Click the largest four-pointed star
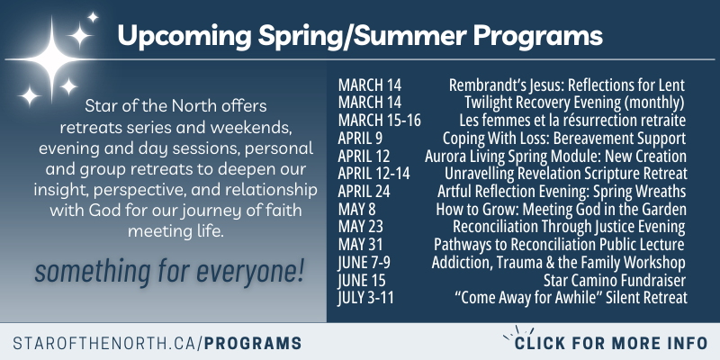(x=51, y=59)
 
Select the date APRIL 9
(x=360, y=139)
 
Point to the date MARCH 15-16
(x=379, y=121)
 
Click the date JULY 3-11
(x=365, y=298)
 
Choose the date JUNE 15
(x=362, y=280)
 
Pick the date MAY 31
(x=361, y=244)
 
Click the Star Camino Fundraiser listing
(x=615, y=280)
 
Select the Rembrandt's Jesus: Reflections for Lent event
(x=567, y=85)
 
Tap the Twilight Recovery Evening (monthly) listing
(x=574, y=103)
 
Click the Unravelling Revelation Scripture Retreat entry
(x=566, y=174)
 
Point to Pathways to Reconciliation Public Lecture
(x=559, y=244)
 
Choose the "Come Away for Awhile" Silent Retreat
(x=571, y=298)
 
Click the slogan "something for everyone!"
(x=169, y=273)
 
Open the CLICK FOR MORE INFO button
(x=611, y=343)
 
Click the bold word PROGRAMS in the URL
(x=253, y=343)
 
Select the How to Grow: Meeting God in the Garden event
(x=561, y=210)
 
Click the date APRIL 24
(x=364, y=192)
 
